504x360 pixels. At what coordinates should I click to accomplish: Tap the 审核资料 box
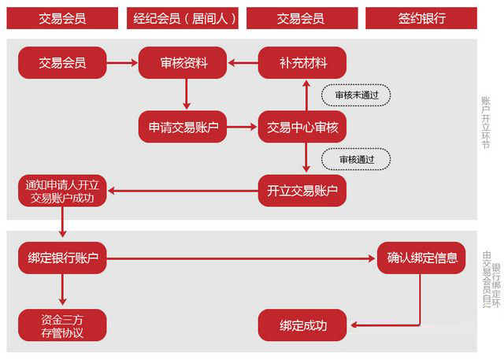184,63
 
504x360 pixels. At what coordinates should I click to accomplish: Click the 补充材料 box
303,63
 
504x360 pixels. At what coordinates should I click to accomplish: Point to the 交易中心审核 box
303,126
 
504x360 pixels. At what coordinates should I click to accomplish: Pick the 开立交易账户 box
303,190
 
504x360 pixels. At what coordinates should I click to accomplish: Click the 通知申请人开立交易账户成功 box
61,191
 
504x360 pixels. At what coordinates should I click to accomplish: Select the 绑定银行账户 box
62,258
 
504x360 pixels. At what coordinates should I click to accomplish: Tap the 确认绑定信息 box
422,258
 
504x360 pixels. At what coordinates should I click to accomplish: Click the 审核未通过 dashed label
356,95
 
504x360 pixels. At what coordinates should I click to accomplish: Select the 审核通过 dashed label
356,159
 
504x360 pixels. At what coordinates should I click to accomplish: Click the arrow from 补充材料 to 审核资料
243,63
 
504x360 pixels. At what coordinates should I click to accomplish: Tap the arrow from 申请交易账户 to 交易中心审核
243,126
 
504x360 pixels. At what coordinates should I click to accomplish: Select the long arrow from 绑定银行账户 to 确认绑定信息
244,258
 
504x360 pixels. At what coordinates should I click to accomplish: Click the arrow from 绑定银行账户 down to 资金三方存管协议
62,291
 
